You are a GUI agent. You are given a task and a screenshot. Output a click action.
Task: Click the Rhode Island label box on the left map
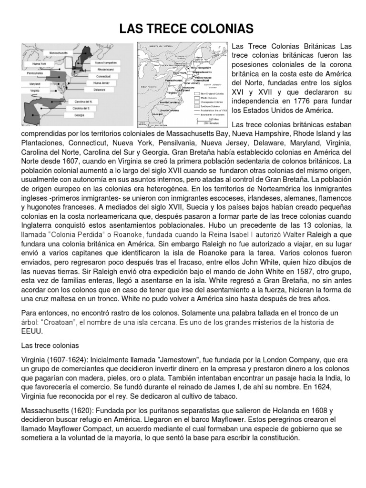tap(103, 70)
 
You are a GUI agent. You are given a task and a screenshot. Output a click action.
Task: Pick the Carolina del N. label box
tap(76, 102)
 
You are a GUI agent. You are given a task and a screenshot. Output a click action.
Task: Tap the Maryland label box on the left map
tap(34, 83)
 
